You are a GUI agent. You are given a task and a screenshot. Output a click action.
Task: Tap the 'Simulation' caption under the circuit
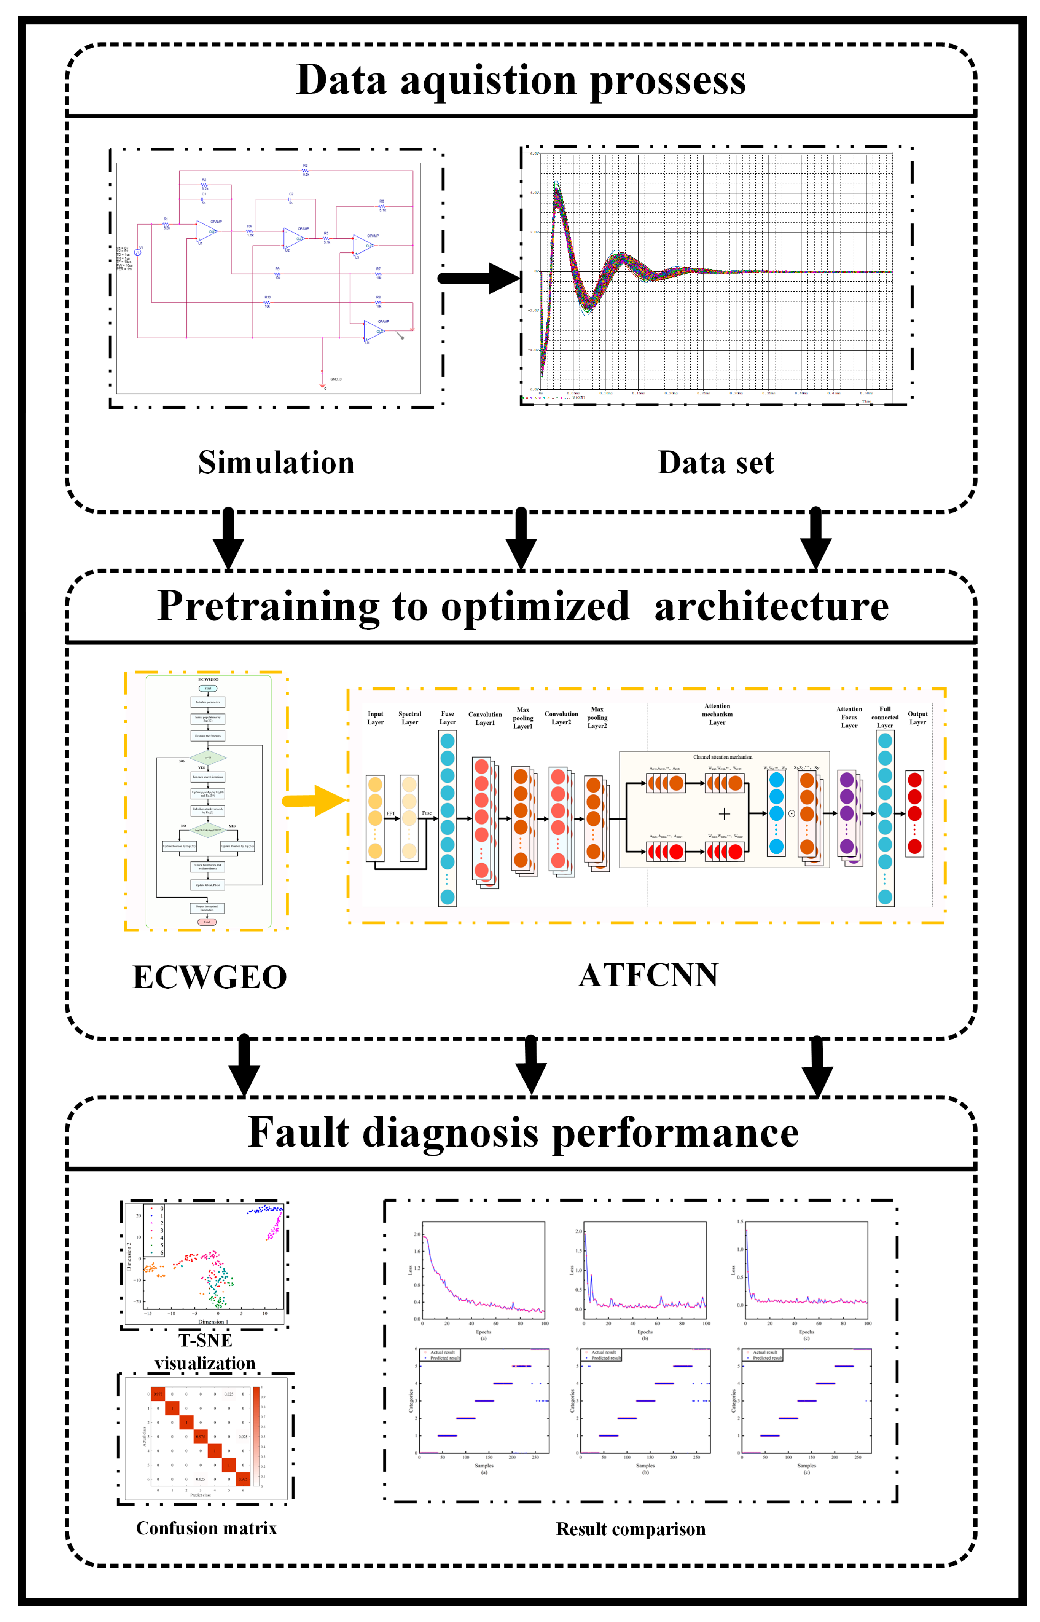pyautogui.click(x=276, y=463)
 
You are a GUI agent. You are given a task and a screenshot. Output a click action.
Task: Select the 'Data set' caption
pyautogui.click(x=716, y=463)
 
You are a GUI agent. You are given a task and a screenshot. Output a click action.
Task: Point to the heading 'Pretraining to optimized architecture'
pyautogui.click(x=522, y=606)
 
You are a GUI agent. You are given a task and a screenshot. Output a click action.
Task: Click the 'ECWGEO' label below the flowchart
pyautogui.click(x=209, y=977)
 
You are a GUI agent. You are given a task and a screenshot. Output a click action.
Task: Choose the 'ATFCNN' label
pyautogui.click(x=648, y=975)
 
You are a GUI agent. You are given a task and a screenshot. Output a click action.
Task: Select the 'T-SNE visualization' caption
pyautogui.click(x=205, y=1351)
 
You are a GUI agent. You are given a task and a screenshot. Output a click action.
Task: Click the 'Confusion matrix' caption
pyautogui.click(x=206, y=1528)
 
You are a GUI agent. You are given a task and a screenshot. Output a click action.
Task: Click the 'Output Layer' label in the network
pyautogui.click(x=917, y=718)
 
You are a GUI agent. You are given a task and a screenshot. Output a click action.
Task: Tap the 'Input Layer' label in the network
pyautogui.click(x=376, y=718)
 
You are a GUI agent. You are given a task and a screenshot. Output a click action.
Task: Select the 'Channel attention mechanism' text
pyautogui.click(x=723, y=757)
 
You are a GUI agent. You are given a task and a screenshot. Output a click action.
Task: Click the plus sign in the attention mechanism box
pyautogui.click(x=725, y=814)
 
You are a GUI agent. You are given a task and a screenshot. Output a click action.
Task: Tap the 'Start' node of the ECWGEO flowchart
pyautogui.click(x=208, y=688)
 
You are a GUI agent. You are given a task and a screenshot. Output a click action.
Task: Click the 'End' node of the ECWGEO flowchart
pyautogui.click(x=207, y=922)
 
